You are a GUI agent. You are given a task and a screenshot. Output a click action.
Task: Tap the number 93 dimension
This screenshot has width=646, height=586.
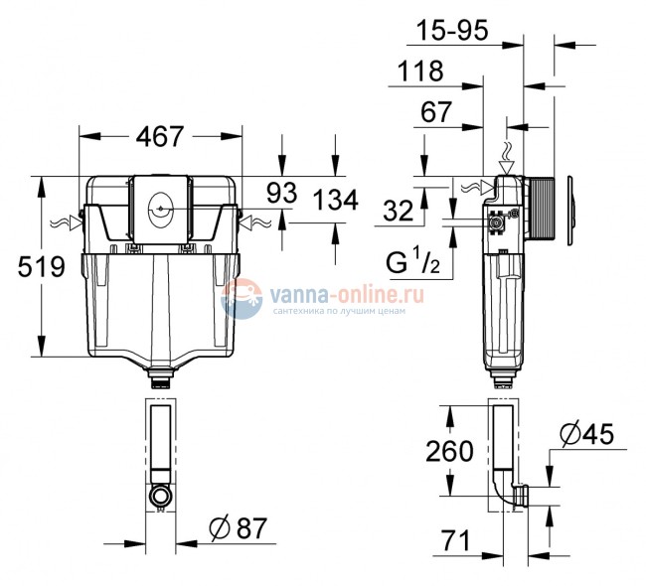[282, 194]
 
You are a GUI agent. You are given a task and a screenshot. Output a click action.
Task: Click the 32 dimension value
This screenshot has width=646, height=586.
[400, 211]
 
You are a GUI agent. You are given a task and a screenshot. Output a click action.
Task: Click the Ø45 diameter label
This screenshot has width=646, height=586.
[586, 434]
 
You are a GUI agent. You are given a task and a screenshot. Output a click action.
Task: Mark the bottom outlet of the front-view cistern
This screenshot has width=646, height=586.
[160, 375]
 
